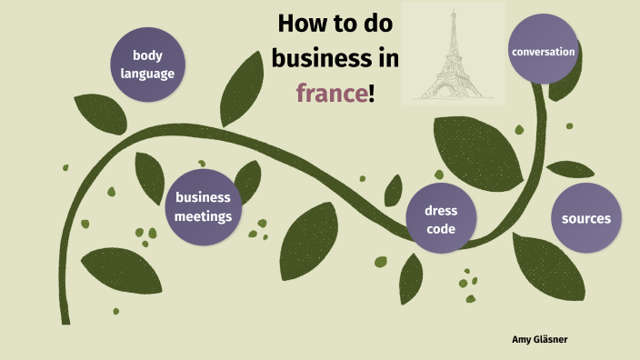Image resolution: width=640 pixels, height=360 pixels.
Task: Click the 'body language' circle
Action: (147, 64)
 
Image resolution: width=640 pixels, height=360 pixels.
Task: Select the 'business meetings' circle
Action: (204, 206)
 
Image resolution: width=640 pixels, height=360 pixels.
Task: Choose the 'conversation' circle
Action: (544, 52)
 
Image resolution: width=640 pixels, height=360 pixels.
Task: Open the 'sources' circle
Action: (586, 218)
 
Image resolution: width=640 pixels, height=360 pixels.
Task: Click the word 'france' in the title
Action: (333, 92)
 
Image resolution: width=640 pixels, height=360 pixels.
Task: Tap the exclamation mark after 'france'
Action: (373, 92)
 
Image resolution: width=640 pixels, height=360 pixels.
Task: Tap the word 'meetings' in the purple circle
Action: (204, 216)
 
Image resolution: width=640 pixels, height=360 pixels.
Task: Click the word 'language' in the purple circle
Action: (147, 74)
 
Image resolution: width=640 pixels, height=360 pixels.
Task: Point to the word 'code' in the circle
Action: (441, 229)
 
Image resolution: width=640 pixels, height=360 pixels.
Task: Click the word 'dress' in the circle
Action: (441, 210)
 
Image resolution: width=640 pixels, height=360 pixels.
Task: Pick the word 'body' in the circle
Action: (147, 55)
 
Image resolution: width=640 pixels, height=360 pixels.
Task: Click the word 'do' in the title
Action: (381, 25)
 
